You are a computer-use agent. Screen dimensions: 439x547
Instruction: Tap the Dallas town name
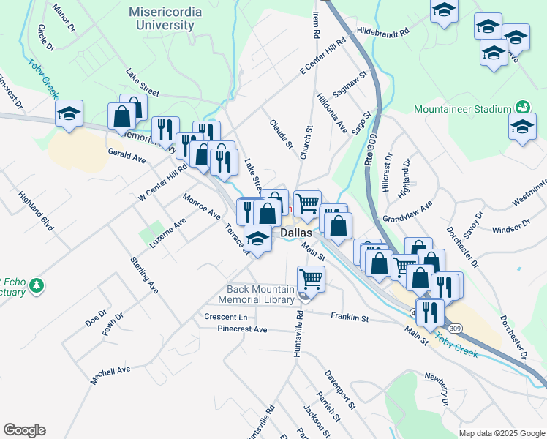297,232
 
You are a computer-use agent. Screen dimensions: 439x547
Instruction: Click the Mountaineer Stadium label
461,109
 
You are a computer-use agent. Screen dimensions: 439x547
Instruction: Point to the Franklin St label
350,318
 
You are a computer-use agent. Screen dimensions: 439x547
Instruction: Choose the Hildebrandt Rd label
382,32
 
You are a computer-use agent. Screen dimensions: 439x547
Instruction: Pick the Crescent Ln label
225,318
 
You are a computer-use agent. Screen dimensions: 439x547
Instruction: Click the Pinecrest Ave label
242,329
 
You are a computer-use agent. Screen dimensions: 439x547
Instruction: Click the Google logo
24,430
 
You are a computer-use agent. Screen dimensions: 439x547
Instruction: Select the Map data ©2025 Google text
502,433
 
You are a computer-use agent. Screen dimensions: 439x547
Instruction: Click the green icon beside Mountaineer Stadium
522,108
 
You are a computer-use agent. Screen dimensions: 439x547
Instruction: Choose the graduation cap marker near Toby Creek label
69,113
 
